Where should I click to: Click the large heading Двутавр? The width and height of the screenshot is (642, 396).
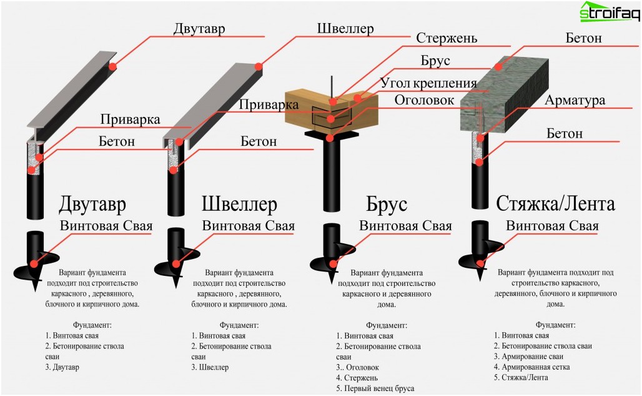point(92,205)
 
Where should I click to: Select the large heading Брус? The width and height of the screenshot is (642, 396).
point(387,205)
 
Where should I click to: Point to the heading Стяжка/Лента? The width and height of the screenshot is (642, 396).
point(555,204)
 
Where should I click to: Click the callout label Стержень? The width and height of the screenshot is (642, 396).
point(447,39)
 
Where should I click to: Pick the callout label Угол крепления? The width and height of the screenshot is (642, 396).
point(428,83)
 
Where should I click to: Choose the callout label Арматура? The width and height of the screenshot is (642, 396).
point(575,101)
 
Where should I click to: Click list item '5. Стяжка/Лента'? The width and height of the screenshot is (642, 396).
point(521,378)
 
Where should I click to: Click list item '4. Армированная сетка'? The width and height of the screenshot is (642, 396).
point(532,367)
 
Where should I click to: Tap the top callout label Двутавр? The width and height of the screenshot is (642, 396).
point(200,29)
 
